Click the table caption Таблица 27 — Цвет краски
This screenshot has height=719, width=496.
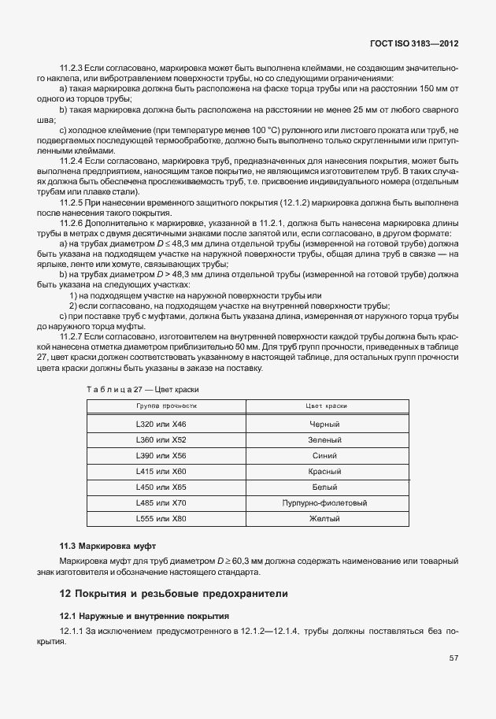[142, 389]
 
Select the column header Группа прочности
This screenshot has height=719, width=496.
[165, 406]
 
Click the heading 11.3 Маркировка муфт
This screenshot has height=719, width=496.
[108, 545]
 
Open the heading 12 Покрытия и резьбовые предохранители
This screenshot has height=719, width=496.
[175, 593]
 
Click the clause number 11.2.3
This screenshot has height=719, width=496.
[73, 69]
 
